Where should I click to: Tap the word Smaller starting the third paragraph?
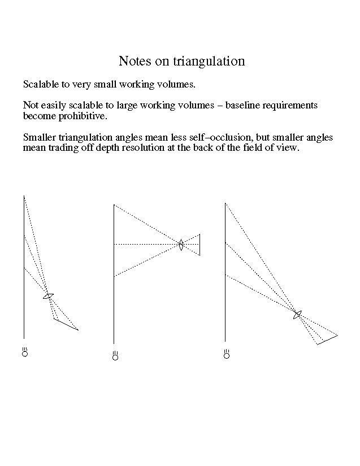(x=40, y=138)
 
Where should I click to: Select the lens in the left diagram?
(x=49, y=295)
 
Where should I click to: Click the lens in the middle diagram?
(x=181, y=245)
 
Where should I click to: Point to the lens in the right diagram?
(x=298, y=315)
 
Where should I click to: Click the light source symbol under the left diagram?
(x=24, y=352)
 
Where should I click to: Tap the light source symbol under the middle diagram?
(x=115, y=356)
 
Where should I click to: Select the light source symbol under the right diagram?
(x=227, y=355)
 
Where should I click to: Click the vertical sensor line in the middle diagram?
(x=199, y=245)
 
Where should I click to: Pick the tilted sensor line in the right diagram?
(x=328, y=339)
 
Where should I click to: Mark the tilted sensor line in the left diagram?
(x=66, y=324)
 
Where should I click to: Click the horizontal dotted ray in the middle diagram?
(x=147, y=245)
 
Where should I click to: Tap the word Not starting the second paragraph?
(x=31, y=106)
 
